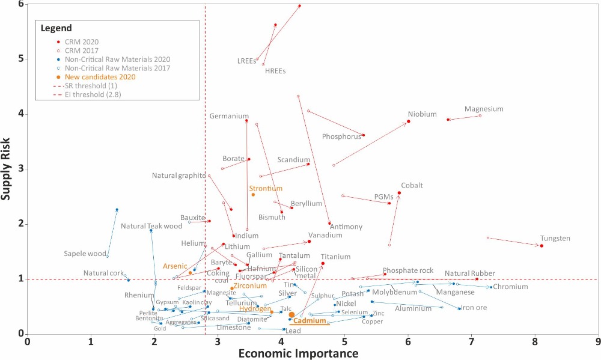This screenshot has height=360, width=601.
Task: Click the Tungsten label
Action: tap(555, 239)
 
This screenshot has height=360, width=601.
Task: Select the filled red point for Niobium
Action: tap(409, 121)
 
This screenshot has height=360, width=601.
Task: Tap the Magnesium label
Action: tap(484, 109)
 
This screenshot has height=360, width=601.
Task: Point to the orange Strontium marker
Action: tap(253, 195)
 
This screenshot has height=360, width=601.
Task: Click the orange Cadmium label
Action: tap(310, 322)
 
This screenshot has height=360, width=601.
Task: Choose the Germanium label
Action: tap(229, 116)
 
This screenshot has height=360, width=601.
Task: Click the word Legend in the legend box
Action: tap(56, 28)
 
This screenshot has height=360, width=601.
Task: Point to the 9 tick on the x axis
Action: tap(598, 342)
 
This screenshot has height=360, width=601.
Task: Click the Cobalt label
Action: tap(412, 186)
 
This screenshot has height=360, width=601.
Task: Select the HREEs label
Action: tap(275, 71)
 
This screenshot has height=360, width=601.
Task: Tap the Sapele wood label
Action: tap(85, 254)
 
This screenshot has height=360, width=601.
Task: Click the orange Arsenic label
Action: tap(174, 266)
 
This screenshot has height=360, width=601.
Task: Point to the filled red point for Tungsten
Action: tap(542, 246)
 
